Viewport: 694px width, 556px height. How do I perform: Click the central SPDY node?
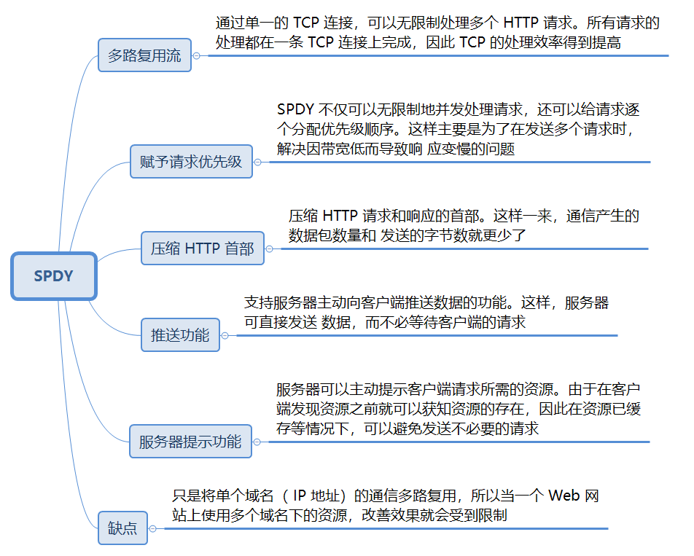(54, 276)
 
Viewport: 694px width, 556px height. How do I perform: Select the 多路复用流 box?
(144, 55)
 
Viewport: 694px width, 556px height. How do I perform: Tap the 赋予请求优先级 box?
(190, 162)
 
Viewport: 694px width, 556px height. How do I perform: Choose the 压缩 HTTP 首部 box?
(198, 248)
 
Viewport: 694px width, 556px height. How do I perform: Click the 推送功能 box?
(180, 335)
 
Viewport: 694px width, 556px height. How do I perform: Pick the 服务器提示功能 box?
(190, 441)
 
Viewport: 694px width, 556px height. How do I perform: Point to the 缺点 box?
(122, 528)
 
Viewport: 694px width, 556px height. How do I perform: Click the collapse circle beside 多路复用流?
(196, 55)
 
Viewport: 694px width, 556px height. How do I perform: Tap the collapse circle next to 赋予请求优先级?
(257, 162)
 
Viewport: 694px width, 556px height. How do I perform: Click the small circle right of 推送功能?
(225, 335)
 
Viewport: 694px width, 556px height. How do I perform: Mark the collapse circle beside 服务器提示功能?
(257, 441)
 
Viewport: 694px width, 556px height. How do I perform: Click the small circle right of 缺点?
(152, 528)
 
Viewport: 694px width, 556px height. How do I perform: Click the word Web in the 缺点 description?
(564, 496)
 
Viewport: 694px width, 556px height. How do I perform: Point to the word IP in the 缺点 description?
(299, 496)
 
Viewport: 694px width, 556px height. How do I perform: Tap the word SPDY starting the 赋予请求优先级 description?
(295, 110)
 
